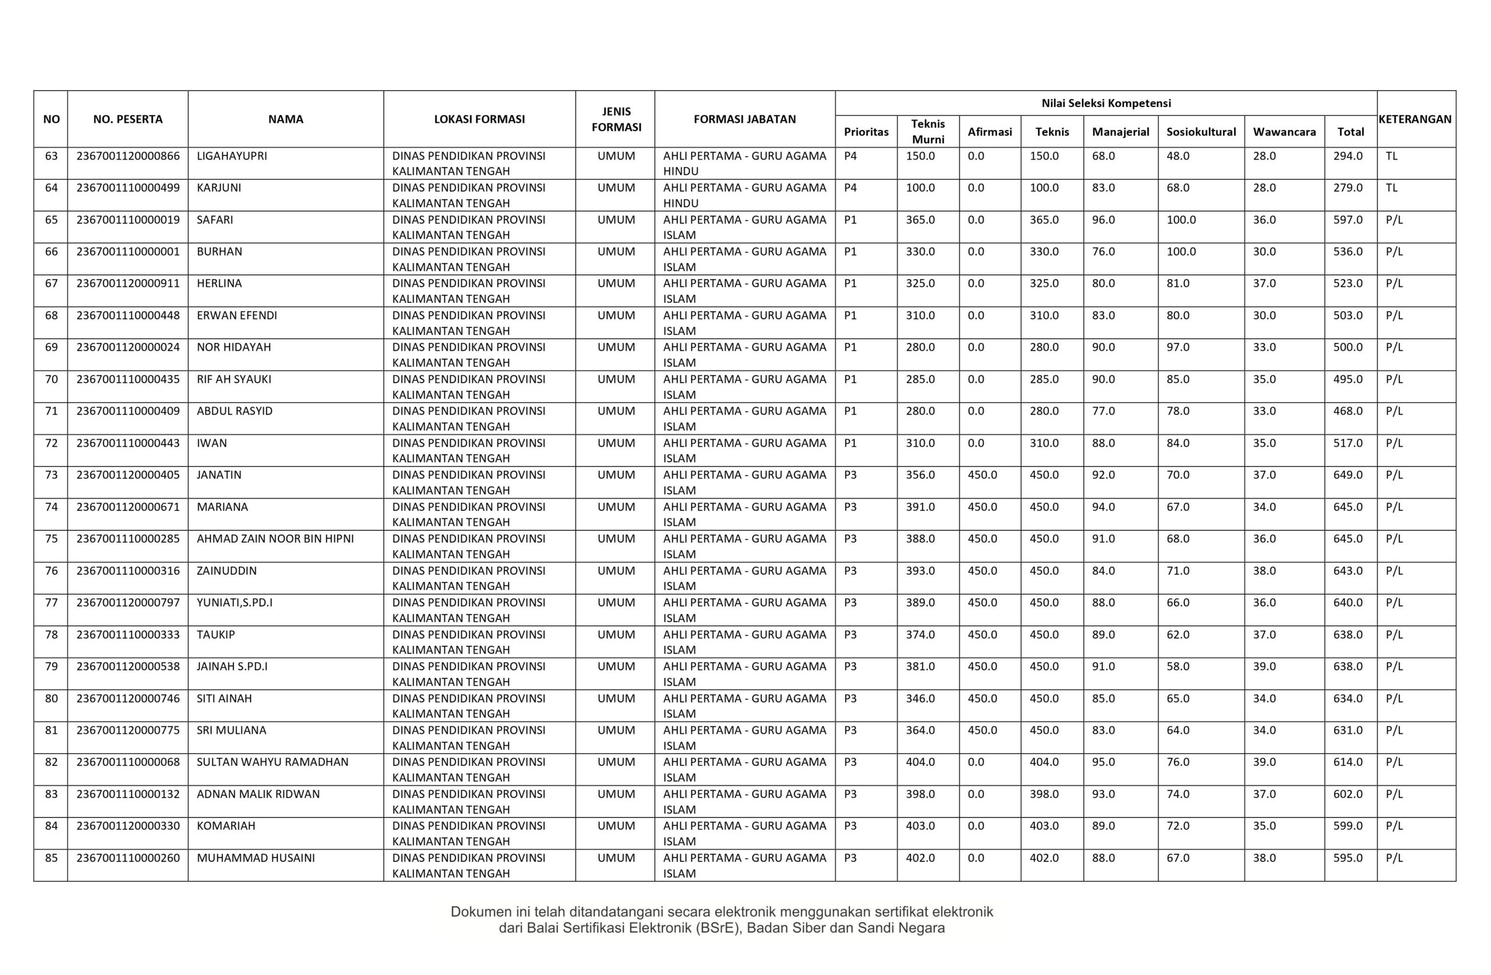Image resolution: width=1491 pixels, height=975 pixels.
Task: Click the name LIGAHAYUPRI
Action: [x=232, y=156]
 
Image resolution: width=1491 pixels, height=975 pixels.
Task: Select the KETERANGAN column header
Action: [x=1415, y=119]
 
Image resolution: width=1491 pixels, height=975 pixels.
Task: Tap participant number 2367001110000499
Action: [x=128, y=188]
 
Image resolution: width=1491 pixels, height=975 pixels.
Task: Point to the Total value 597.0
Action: [x=1348, y=220]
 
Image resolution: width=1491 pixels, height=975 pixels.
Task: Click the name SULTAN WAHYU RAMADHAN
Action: [x=273, y=762]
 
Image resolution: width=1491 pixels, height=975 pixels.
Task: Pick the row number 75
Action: [x=51, y=539]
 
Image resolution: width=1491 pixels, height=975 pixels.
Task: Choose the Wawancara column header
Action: [x=1284, y=132]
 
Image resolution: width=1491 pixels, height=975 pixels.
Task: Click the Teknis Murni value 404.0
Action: [x=920, y=762]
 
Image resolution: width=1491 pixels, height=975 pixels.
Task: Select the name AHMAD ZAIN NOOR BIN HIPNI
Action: [x=275, y=539]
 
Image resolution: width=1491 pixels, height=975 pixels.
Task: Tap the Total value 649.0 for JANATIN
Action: [x=1348, y=475]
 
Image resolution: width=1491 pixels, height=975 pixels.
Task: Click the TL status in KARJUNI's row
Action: [x=1391, y=188]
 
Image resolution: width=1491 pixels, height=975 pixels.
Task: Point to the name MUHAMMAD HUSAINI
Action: [x=256, y=858]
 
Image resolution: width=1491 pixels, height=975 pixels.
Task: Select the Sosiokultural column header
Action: [x=1201, y=132]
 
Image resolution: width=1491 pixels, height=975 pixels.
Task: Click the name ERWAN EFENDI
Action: [x=237, y=315]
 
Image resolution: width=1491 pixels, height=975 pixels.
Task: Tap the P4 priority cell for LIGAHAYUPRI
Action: [x=850, y=156]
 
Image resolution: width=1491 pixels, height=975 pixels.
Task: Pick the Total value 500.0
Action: [x=1348, y=347]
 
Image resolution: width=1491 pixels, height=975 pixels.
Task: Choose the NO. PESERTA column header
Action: [x=128, y=119]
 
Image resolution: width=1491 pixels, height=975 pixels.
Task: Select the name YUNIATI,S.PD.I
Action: [x=234, y=603]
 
